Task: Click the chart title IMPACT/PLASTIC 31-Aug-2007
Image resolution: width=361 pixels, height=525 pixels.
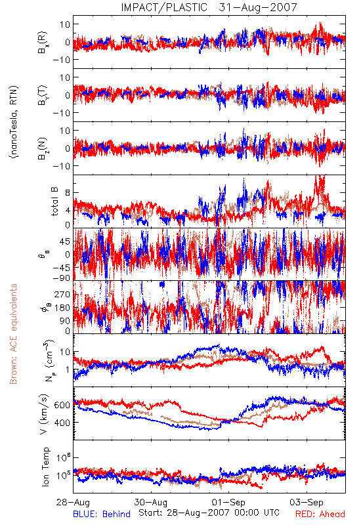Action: [209, 7]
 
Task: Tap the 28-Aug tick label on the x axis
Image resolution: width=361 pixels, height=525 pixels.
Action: [73, 502]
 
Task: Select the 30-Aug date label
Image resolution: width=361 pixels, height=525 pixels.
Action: [151, 502]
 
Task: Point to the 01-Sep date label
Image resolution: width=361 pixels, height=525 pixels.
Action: [228, 502]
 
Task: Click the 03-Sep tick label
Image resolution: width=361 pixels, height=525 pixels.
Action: [307, 502]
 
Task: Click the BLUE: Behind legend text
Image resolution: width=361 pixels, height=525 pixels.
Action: [102, 514]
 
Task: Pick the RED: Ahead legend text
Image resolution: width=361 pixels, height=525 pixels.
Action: [320, 514]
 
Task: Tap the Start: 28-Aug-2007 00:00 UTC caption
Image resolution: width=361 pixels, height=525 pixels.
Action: [209, 513]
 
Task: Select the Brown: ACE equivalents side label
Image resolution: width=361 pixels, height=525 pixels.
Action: [13, 334]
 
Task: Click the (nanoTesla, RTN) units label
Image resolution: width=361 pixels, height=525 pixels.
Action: [14, 122]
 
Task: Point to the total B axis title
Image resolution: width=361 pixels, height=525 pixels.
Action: [54, 201]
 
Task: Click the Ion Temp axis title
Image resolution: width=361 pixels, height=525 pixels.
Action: [45, 467]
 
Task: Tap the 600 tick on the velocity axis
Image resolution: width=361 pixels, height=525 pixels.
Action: [62, 405]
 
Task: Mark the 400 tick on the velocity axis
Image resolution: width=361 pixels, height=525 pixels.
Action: [62, 423]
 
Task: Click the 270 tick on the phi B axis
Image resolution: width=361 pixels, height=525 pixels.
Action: [62, 294]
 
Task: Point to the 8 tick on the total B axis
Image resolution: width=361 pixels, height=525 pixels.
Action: [68, 192]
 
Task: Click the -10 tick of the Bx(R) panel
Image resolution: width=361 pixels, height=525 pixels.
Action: [61, 60]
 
